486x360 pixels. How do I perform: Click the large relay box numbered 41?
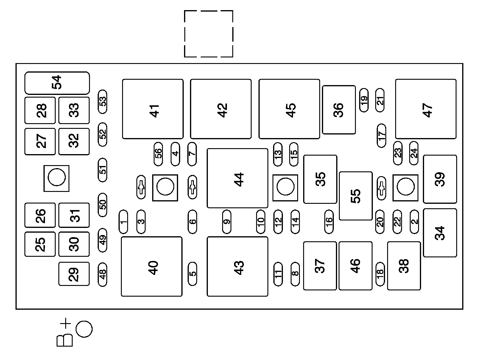point(153,109)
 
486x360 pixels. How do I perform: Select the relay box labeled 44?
point(237,178)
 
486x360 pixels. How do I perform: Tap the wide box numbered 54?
point(57,83)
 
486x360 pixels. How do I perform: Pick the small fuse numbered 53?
point(102,101)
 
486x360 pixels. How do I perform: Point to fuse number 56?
point(158,154)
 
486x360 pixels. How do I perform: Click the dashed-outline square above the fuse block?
point(208,34)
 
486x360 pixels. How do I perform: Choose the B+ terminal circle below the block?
point(84,329)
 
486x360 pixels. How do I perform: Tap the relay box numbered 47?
point(426,109)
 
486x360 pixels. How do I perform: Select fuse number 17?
point(381,135)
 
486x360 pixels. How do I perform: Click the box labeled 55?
point(356,196)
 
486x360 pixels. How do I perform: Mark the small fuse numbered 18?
point(380,274)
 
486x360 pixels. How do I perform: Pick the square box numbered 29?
point(74,274)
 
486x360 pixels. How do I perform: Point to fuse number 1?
point(123,222)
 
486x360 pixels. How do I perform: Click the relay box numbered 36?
point(339,109)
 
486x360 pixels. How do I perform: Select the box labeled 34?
point(440,233)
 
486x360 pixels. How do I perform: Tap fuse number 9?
point(227,222)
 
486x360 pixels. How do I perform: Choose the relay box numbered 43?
point(237,266)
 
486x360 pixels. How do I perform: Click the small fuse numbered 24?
point(414,153)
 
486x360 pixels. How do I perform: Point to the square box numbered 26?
point(40,215)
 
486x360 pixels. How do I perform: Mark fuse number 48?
point(102,274)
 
